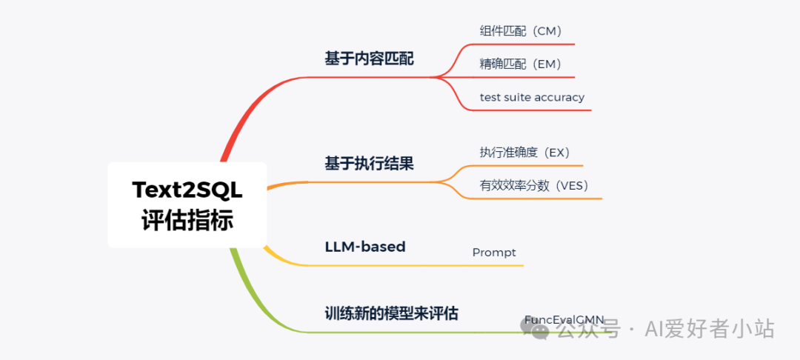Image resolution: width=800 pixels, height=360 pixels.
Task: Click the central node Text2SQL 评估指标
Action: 187,205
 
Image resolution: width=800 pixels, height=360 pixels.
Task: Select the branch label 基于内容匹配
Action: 369,59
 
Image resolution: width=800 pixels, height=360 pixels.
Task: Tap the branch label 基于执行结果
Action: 369,164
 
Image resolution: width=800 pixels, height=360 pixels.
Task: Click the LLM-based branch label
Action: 365,247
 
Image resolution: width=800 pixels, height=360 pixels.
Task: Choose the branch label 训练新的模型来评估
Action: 391,313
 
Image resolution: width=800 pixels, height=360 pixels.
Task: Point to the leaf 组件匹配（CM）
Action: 521,31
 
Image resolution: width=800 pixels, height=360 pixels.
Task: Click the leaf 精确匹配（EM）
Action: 521,64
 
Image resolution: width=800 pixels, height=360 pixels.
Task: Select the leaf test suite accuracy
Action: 532,97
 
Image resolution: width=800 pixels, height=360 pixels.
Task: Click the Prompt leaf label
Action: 494,253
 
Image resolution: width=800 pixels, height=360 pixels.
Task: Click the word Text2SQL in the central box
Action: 187,190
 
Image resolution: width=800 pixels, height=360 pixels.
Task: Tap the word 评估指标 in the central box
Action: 187,221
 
